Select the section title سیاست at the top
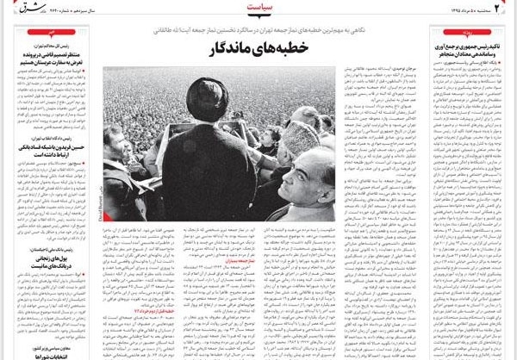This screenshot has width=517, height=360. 258,10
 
